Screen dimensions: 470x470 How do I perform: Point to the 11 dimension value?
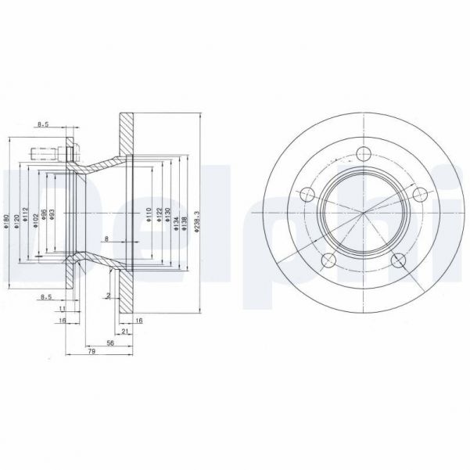pos(61,310)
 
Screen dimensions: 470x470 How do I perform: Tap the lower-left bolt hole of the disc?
pos(327,260)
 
